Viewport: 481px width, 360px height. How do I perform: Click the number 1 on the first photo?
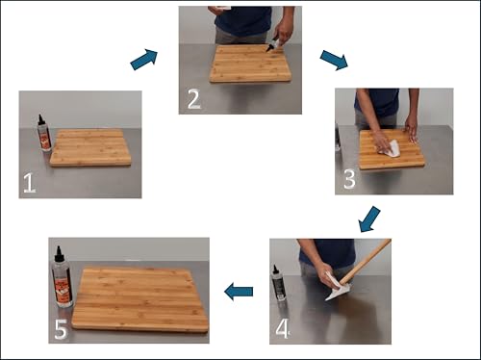(x=29, y=183)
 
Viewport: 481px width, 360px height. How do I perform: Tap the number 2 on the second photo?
(x=193, y=99)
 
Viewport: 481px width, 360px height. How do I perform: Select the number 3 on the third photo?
(x=349, y=179)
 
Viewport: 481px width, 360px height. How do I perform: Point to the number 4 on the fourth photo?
(x=283, y=328)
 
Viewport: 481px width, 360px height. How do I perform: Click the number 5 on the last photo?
(x=61, y=329)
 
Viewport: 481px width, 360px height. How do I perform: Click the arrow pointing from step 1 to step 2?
(x=144, y=59)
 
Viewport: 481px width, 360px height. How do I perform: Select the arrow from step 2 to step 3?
(x=334, y=60)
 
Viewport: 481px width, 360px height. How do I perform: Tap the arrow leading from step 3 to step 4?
(x=369, y=219)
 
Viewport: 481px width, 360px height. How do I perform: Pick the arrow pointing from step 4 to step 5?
(x=239, y=292)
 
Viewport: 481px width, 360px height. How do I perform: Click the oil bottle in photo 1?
(x=43, y=133)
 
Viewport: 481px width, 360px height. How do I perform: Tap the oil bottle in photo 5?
(x=62, y=277)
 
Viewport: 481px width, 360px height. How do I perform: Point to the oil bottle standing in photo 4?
(x=278, y=283)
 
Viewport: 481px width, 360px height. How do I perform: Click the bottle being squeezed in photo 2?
(x=273, y=45)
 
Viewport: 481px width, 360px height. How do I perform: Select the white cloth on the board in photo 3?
(x=390, y=148)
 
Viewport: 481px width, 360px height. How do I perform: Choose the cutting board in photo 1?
(x=90, y=147)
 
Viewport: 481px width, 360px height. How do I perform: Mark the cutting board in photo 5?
(x=139, y=299)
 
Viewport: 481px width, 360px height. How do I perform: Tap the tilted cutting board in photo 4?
(x=366, y=262)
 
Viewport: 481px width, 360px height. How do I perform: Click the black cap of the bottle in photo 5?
(x=59, y=254)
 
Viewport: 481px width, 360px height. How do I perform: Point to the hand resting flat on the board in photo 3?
(x=411, y=130)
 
